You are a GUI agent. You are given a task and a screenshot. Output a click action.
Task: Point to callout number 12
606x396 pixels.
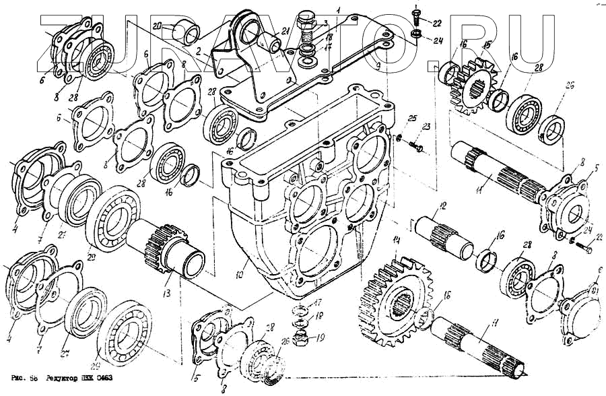442,205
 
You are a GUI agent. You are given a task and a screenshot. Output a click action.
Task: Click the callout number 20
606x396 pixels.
157,26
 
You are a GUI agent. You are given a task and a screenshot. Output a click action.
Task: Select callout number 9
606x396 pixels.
378,65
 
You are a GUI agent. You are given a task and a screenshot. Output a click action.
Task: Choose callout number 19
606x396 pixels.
321,337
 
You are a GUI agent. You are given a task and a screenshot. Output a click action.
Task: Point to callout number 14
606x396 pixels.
397,240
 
